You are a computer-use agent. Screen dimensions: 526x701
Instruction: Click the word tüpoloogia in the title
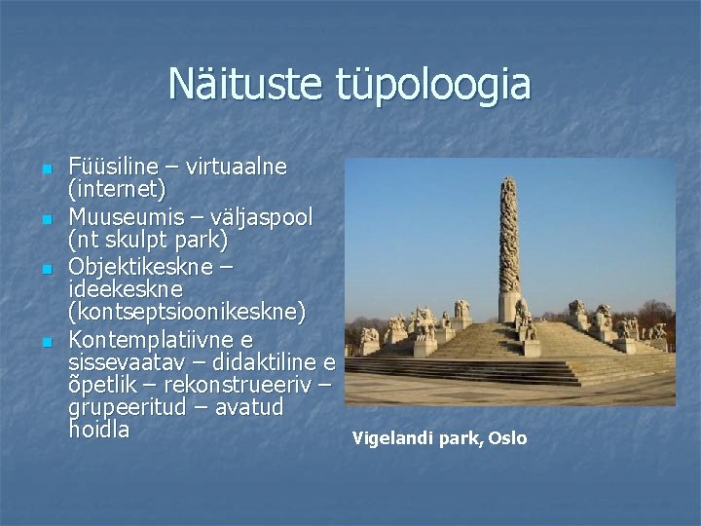(x=425, y=85)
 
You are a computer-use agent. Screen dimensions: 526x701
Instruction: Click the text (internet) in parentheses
(x=117, y=187)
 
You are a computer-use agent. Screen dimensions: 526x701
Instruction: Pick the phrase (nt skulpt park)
(x=148, y=239)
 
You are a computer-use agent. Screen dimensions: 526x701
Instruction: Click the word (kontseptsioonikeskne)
(x=187, y=313)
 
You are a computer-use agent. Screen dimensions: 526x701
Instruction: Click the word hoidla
(x=98, y=430)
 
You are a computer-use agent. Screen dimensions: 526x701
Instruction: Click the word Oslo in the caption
(x=507, y=438)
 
